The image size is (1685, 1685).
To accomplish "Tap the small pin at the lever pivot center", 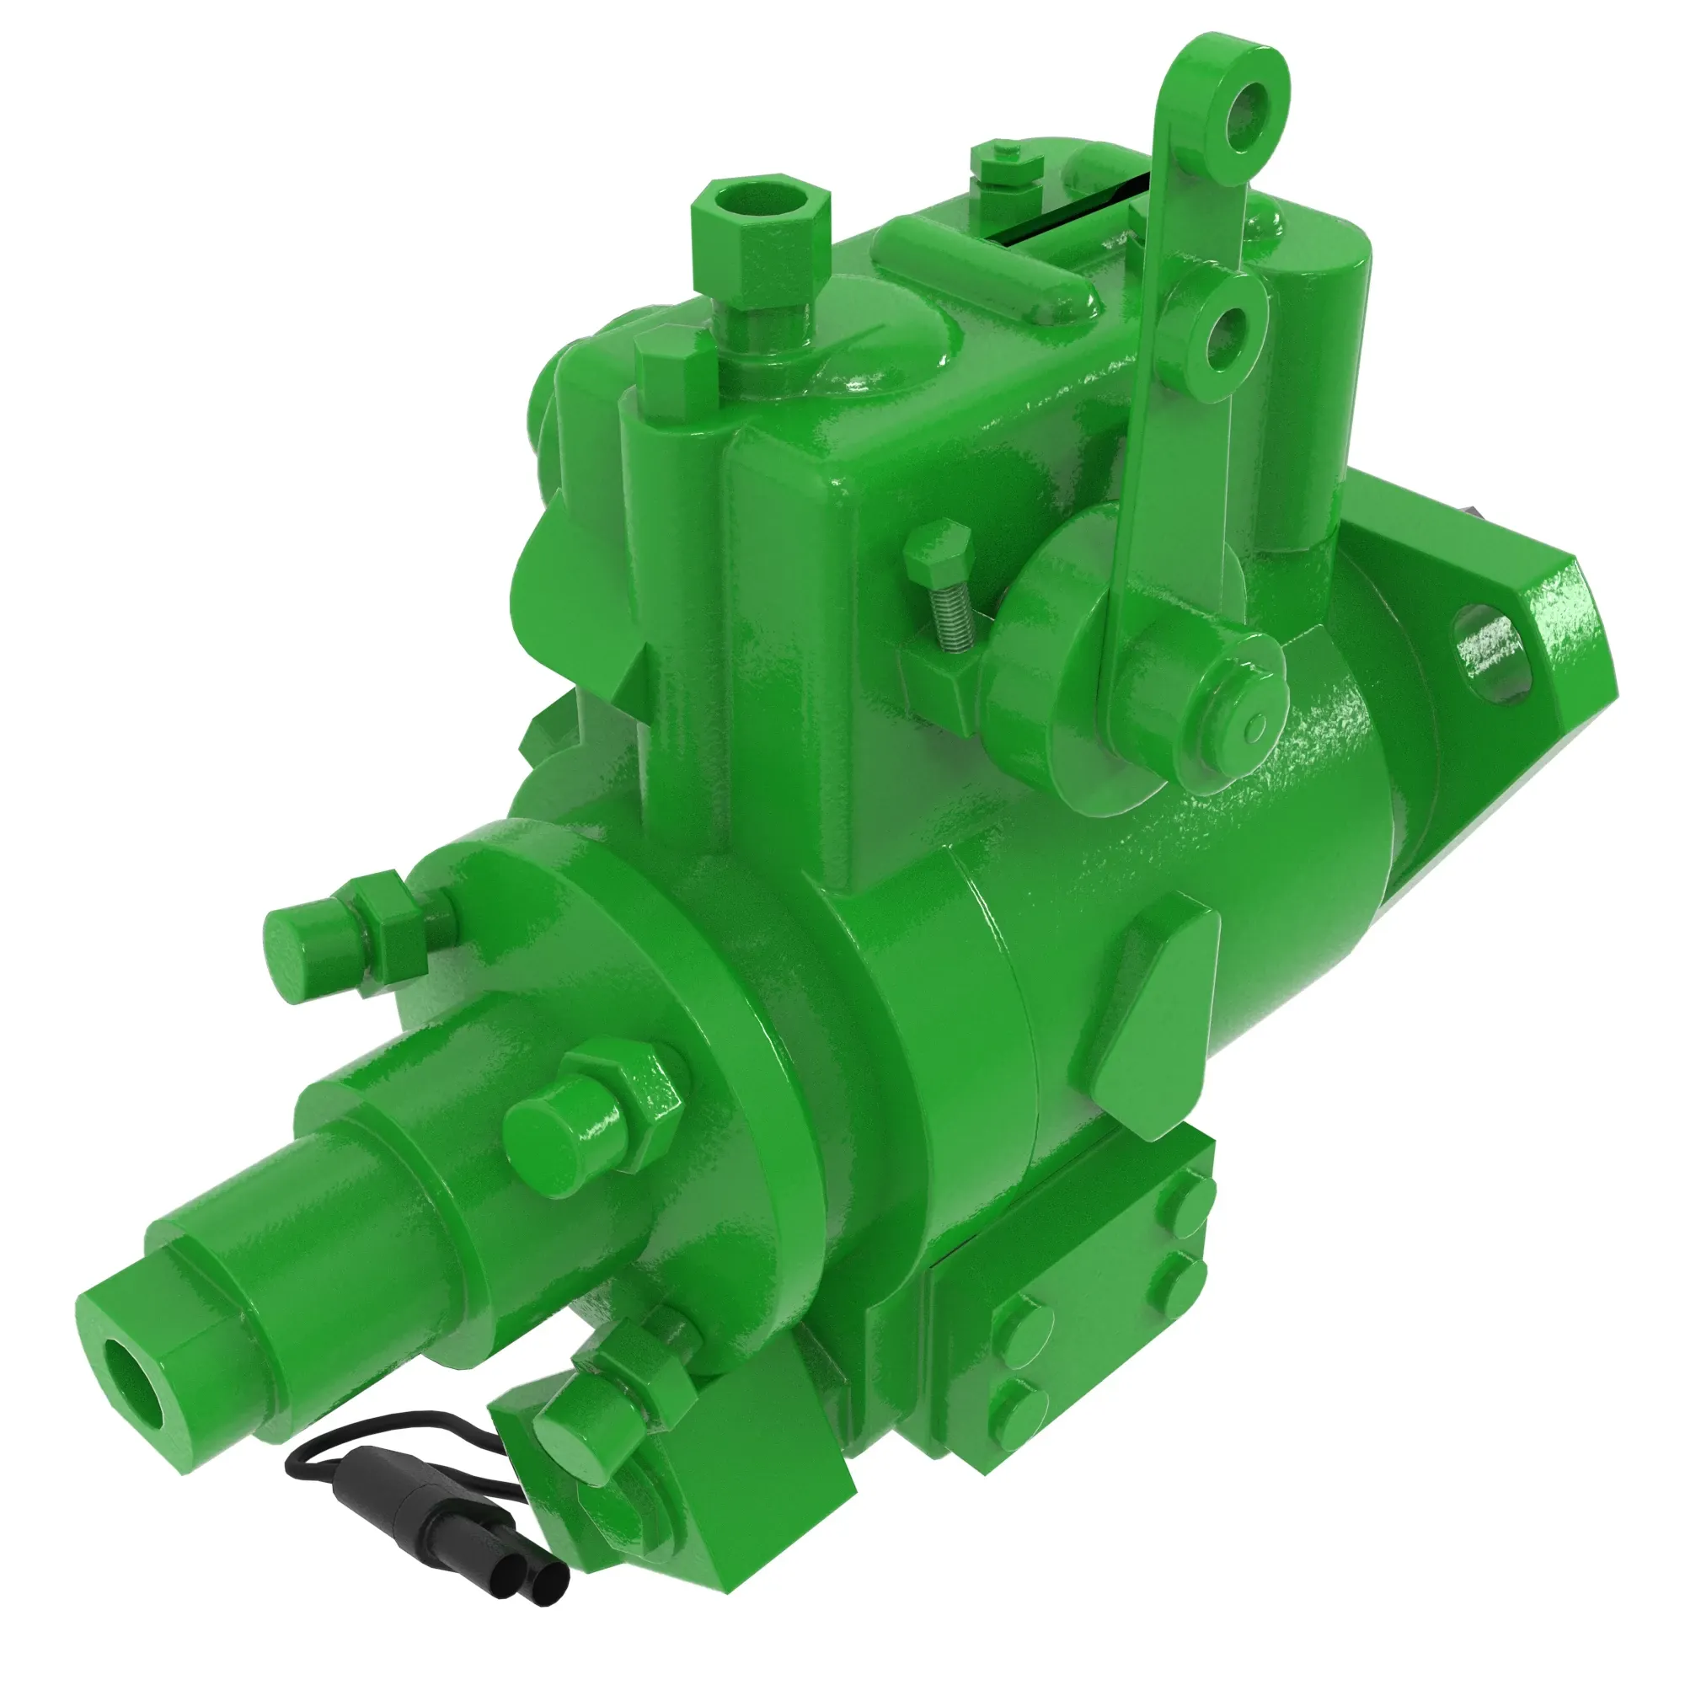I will (1257, 723).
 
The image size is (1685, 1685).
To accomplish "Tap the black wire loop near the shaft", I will (366, 1432).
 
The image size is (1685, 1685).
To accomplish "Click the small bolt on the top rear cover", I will (1008, 164).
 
